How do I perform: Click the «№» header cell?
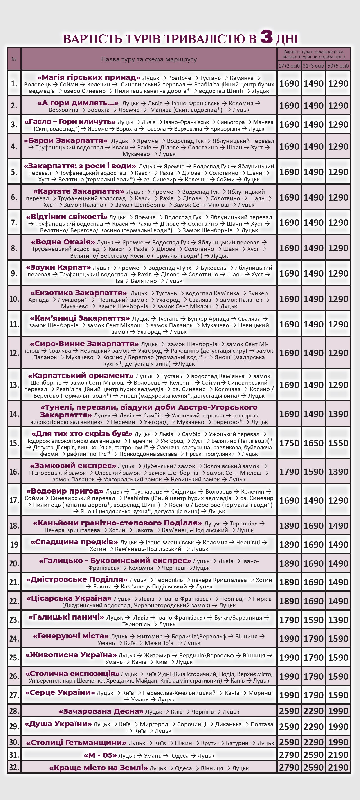(14, 59)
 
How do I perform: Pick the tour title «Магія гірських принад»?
(88, 77)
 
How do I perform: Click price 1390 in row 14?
(338, 414)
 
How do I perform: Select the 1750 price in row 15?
(289, 443)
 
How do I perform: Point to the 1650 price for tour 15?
(313, 443)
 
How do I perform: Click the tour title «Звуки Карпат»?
(58, 267)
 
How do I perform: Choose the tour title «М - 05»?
(100, 755)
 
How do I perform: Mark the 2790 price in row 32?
(289, 767)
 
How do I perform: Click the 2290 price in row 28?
(313, 711)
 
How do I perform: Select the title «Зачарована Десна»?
(101, 711)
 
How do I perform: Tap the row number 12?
(14, 353)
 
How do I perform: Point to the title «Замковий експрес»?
(73, 466)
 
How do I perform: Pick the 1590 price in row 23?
(313, 620)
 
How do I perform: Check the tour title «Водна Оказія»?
(63, 242)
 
